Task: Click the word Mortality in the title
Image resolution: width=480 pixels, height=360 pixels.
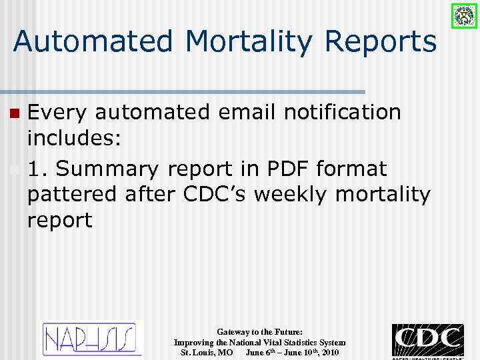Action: coord(249,41)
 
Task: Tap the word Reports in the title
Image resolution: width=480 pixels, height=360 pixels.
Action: coord(381,41)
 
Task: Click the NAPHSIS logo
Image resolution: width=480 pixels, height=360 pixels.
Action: coord(93,339)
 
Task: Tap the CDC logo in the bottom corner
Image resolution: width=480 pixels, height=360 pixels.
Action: coord(427,341)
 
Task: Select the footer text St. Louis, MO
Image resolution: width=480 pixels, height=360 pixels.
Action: coord(207,352)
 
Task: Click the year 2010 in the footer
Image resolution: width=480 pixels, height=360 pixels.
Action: coord(329,352)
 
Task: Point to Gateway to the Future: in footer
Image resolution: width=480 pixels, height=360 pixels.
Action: coord(259,331)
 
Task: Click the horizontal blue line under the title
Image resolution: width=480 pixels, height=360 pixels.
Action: coord(183,91)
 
